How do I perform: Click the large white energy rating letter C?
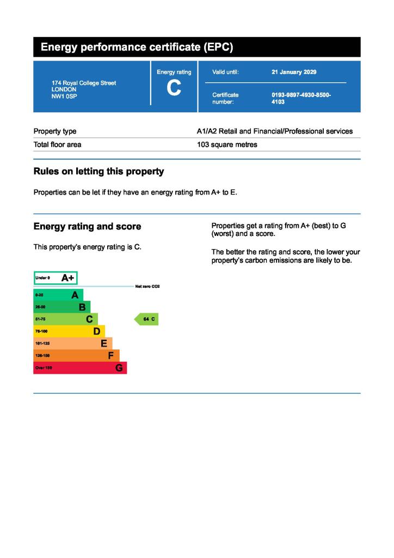point(174,88)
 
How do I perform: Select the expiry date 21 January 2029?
point(294,72)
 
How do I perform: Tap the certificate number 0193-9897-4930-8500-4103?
point(301,98)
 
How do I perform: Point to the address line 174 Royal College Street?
point(84,83)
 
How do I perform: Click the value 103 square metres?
point(227,145)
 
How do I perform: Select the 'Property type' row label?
point(55,131)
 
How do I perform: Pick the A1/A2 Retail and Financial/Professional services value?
point(274,131)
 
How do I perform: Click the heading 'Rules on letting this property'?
point(98,172)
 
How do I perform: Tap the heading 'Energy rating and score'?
point(87,227)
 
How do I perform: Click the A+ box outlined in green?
point(56,278)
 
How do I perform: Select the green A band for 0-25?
point(58,295)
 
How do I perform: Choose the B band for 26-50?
point(61,307)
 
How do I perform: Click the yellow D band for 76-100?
point(69,331)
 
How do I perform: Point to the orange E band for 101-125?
point(72,343)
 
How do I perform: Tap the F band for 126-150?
point(76,356)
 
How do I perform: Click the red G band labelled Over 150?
point(79,368)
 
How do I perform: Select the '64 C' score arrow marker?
point(147,319)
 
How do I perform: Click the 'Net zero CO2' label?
point(147,286)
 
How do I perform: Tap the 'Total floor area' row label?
point(57,145)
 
